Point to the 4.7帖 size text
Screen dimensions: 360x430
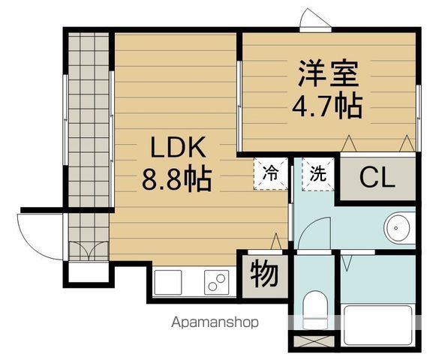pos(327,106)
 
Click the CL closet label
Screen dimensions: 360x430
pos(377,178)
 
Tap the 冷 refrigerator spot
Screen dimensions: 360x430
pos(269,173)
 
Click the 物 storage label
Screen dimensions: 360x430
pos(264,274)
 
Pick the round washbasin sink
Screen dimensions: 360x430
pos(397,227)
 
